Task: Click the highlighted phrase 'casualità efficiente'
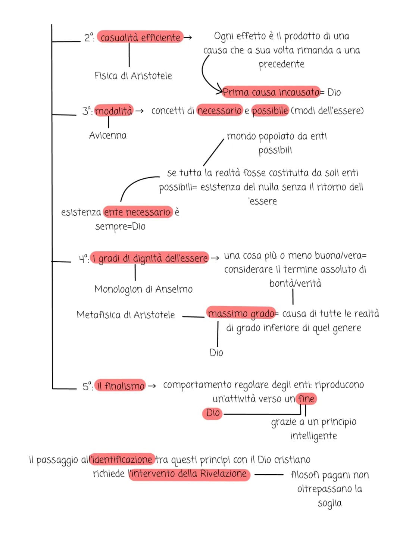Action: pos(140,37)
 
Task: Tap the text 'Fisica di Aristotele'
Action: pos(133,76)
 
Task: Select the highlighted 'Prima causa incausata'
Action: pos(271,92)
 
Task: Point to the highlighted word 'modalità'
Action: pos(114,110)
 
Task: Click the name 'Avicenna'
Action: pos(108,135)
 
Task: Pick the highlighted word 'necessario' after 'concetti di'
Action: pos(219,110)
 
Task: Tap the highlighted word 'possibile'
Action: pos(270,110)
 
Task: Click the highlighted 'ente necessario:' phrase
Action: pos(138,212)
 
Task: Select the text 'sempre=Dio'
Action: pos(120,227)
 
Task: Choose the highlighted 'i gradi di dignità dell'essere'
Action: pos(150,258)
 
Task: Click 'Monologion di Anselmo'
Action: pos(144,289)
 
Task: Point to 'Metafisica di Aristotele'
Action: pos(126,315)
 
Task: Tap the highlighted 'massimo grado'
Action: pos(241,313)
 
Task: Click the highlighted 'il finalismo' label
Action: pos(120,386)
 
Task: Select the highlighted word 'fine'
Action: pos(306,399)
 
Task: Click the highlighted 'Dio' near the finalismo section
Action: pos(212,413)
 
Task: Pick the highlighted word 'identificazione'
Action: pos(122,460)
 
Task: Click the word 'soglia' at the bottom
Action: pos(329,503)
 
